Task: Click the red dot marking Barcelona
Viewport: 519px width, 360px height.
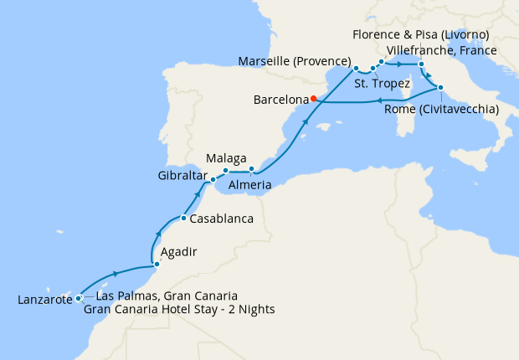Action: (313, 98)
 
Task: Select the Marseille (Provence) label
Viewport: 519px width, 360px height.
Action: (294, 63)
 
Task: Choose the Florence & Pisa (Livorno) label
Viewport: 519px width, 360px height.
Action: (421, 34)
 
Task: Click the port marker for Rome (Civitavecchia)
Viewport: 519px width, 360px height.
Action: (439, 88)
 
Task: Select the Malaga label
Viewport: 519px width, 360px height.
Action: (226, 157)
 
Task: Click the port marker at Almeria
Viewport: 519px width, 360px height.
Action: (251, 169)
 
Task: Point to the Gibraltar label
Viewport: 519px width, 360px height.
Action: (181, 176)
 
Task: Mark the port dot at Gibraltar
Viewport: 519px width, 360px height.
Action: (213, 179)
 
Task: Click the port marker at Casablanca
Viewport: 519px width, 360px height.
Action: (183, 219)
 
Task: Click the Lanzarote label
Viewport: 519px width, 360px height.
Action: (43, 299)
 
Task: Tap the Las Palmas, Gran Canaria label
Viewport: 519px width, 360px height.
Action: (167, 296)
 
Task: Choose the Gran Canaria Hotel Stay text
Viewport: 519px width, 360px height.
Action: (179, 310)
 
